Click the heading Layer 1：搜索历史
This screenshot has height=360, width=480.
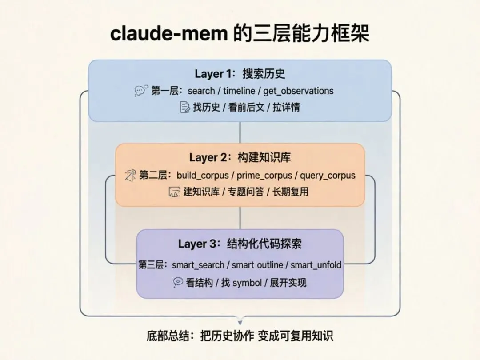[240, 74]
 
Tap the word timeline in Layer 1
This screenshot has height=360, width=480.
[240, 91]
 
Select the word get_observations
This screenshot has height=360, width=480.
[298, 91]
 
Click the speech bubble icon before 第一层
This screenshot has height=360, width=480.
[141, 91]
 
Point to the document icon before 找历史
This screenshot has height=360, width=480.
[184, 107]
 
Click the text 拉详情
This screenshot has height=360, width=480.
[287, 107]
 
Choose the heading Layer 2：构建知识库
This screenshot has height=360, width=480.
[240, 157]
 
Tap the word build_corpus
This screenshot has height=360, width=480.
[203, 175]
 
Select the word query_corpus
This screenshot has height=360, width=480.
[328, 175]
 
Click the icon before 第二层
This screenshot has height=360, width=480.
[130, 175]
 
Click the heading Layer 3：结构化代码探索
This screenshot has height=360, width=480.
[240, 244]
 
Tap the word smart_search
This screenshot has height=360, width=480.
[198, 265]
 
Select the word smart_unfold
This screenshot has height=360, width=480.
[316, 265]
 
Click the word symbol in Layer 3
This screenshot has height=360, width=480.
[247, 283]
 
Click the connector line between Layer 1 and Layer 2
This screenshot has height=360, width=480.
[240, 132]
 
